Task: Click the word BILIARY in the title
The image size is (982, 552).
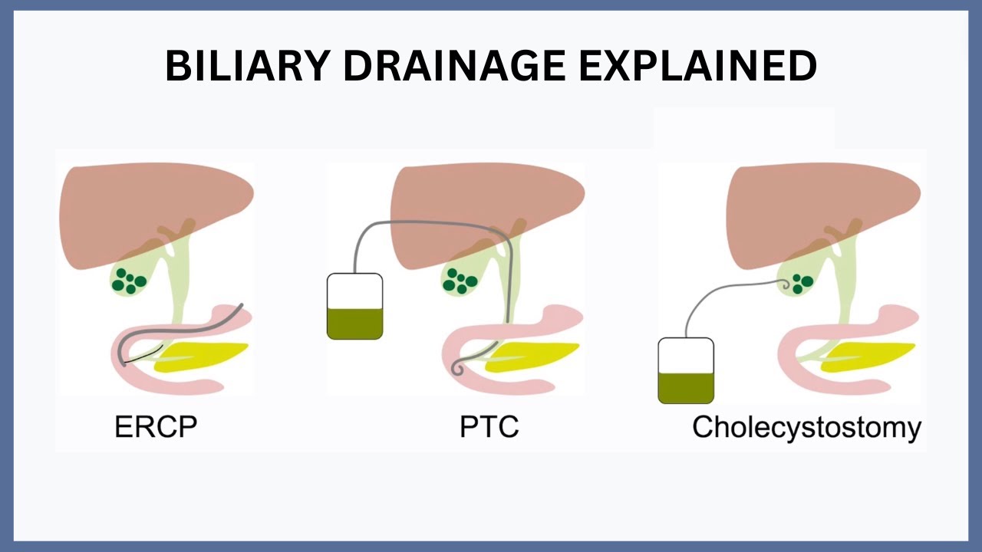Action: (248, 66)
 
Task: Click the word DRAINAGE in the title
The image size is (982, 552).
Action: (454, 66)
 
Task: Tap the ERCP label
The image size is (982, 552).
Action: (156, 426)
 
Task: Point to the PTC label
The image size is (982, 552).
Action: (489, 426)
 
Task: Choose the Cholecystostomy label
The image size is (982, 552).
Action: (806, 428)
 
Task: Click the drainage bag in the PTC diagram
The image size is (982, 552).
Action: (354, 306)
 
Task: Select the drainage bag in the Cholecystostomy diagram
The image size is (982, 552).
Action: (686, 370)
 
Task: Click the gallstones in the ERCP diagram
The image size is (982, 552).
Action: (129, 281)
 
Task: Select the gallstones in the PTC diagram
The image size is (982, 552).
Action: (460, 281)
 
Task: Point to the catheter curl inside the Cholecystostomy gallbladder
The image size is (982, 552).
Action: (784, 285)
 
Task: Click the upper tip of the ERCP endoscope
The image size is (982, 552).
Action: (241, 304)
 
